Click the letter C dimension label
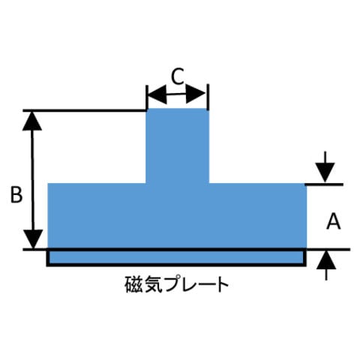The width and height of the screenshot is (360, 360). click(x=178, y=76)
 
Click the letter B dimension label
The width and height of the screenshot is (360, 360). click(x=16, y=194)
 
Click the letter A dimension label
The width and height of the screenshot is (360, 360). click(x=334, y=221)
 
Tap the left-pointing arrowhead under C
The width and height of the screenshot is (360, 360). click(x=157, y=94)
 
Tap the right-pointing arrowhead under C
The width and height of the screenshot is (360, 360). click(x=196, y=94)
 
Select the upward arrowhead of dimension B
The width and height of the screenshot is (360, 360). click(x=32, y=121)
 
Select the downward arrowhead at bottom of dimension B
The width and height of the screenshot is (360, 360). click(x=33, y=239)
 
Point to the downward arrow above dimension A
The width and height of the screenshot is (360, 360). click(x=325, y=166)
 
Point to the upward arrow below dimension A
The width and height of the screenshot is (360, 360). click(x=326, y=265)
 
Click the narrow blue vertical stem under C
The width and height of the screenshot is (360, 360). click(x=177, y=145)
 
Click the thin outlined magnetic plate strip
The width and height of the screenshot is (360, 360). click(x=176, y=257)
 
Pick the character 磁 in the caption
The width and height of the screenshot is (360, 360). click(x=134, y=284)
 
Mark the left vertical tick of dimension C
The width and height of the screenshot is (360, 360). click(x=147, y=97)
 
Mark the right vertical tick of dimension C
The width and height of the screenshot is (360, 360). click(x=208, y=97)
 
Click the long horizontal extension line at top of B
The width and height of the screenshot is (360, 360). click(x=85, y=110)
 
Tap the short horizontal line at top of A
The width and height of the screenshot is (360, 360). click(x=324, y=184)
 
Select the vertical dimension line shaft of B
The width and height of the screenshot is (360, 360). click(x=32, y=180)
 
